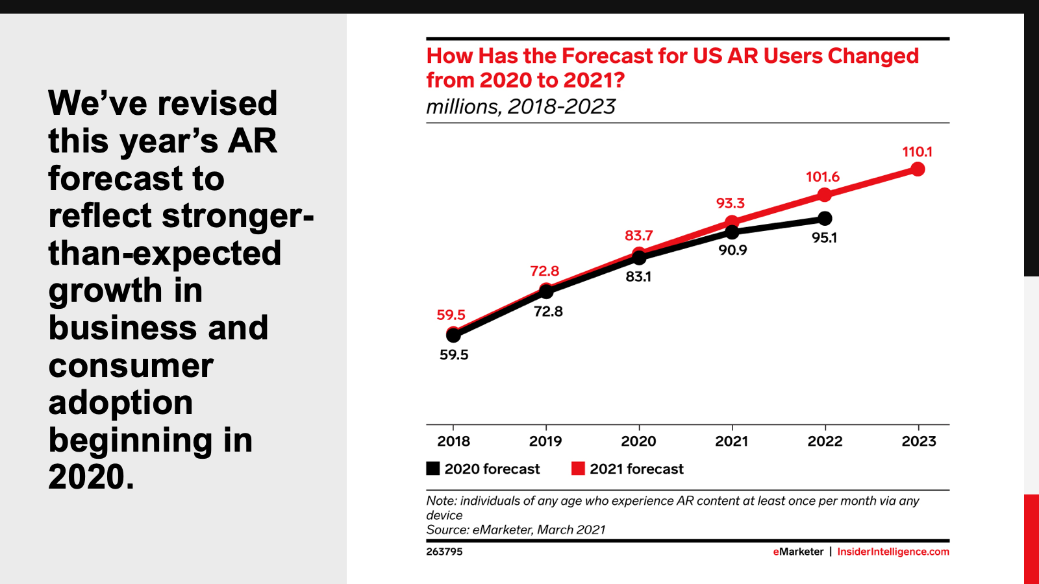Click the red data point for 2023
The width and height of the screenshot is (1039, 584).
(918, 169)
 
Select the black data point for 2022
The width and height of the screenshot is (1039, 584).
(825, 218)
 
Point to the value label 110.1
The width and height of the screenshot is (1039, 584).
(917, 152)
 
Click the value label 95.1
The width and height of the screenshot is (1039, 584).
(824, 237)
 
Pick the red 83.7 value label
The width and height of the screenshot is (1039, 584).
(638, 236)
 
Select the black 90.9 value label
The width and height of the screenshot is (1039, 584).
(732, 250)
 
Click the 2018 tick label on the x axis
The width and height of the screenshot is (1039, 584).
(453, 441)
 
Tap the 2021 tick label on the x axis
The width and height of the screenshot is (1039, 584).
(732, 441)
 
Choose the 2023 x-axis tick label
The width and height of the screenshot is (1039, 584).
(918, 441)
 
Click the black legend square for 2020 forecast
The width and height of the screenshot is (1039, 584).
(433, 468)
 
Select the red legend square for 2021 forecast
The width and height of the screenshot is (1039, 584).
(578, 468)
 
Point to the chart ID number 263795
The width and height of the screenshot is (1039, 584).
(444, 552)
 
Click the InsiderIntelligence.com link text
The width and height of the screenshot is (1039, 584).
(893, 552)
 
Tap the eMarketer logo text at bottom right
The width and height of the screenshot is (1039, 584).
(798, 552)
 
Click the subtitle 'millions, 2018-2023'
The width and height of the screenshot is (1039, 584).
(521, 106)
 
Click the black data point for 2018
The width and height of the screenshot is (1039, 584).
(453, 335)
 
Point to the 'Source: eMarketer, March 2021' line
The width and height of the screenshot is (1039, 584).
(516, 529)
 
